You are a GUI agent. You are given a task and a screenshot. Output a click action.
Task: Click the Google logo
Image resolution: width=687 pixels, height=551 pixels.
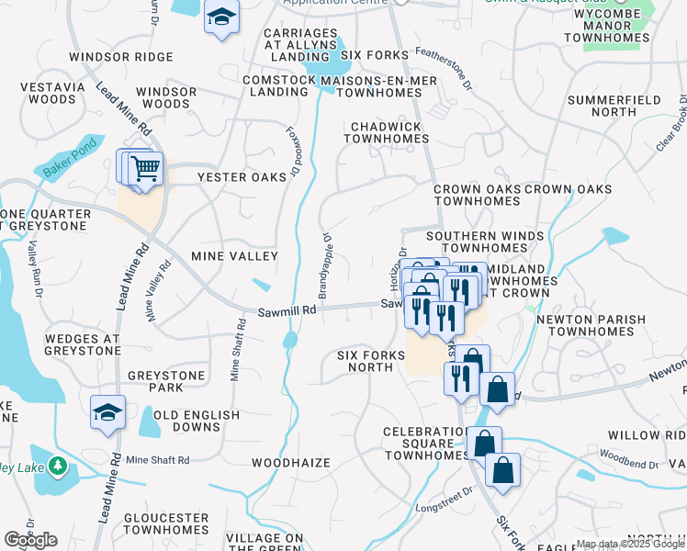(30, 540)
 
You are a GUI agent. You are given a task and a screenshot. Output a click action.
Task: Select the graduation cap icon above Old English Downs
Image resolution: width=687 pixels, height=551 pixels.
(107, 412)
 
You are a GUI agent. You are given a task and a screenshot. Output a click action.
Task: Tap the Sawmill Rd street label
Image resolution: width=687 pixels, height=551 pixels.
(287, 310)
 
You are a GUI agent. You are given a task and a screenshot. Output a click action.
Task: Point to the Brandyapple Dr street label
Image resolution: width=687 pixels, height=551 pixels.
(324, 265)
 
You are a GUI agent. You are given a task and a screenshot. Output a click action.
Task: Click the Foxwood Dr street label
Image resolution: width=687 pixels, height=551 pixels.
(294, 152)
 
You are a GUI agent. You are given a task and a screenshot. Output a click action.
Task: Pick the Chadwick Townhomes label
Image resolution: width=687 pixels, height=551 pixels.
(386, 132)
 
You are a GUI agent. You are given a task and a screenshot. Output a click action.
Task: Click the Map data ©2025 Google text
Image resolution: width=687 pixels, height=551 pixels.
(630, 544)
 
